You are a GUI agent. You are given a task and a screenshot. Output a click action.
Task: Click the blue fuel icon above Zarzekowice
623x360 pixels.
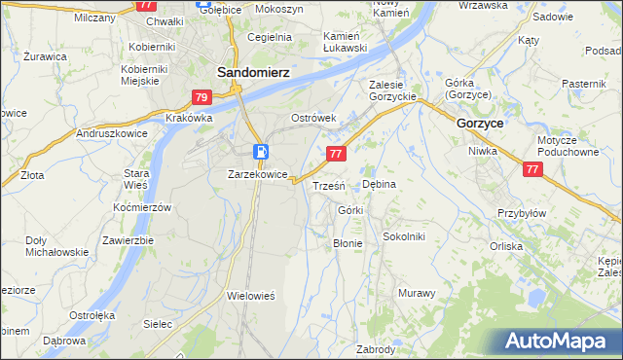(261, 152)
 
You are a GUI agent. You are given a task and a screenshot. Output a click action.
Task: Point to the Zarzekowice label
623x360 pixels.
(257, 174)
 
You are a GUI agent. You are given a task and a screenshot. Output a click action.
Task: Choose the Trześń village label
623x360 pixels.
(327, 185)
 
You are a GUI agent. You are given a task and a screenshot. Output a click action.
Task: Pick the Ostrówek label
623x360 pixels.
(313, 118)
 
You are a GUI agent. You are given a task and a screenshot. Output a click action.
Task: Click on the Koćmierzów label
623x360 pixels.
(142, 207)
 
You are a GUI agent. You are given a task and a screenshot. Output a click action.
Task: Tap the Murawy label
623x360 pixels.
(416, 293)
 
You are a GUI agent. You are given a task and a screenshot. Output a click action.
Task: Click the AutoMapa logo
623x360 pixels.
(559, 342)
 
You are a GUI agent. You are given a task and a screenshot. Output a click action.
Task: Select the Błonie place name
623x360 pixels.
(348, 243)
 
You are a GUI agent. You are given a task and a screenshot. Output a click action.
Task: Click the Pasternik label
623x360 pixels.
(584, 85)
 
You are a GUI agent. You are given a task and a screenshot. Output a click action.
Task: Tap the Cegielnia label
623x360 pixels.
(270, 37)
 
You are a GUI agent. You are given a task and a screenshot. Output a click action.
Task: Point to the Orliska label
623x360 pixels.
(533, 246)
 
